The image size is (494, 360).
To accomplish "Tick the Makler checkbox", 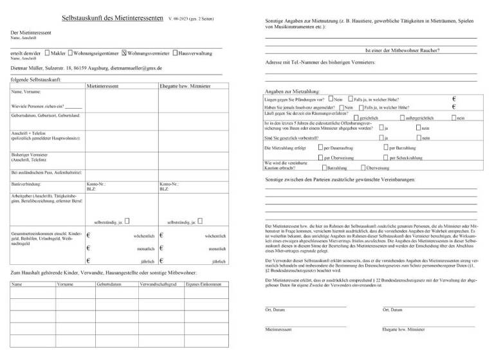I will pyautogui.click(x=46, y=53).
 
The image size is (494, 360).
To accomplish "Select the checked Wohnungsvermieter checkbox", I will pyautogui.click(x=124, y=53).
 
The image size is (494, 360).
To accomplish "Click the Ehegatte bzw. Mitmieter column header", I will pyautogui.click(x=185, y=85).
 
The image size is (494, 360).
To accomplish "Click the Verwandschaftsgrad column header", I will pyautogui.click(x=158, y=283).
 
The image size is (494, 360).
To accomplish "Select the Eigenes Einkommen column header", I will pyautogui.click(x=203, y=283).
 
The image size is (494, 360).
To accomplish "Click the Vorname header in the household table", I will pyautogui.click(x=65, y=283).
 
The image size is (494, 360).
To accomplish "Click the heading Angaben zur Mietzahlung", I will pyautogui.click(x=293, y=91).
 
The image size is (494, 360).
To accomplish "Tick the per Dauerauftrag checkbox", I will pyautogui.click(x=320, y=148).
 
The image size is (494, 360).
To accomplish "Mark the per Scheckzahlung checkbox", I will pyautogui.click(x=385, y=157).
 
